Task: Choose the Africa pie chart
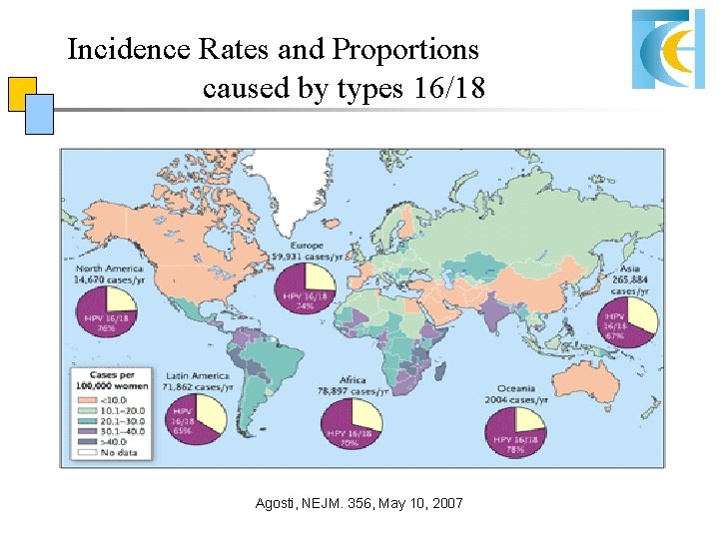[353, 422]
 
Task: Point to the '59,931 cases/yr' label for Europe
[307, 256]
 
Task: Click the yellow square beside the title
[21, 93]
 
